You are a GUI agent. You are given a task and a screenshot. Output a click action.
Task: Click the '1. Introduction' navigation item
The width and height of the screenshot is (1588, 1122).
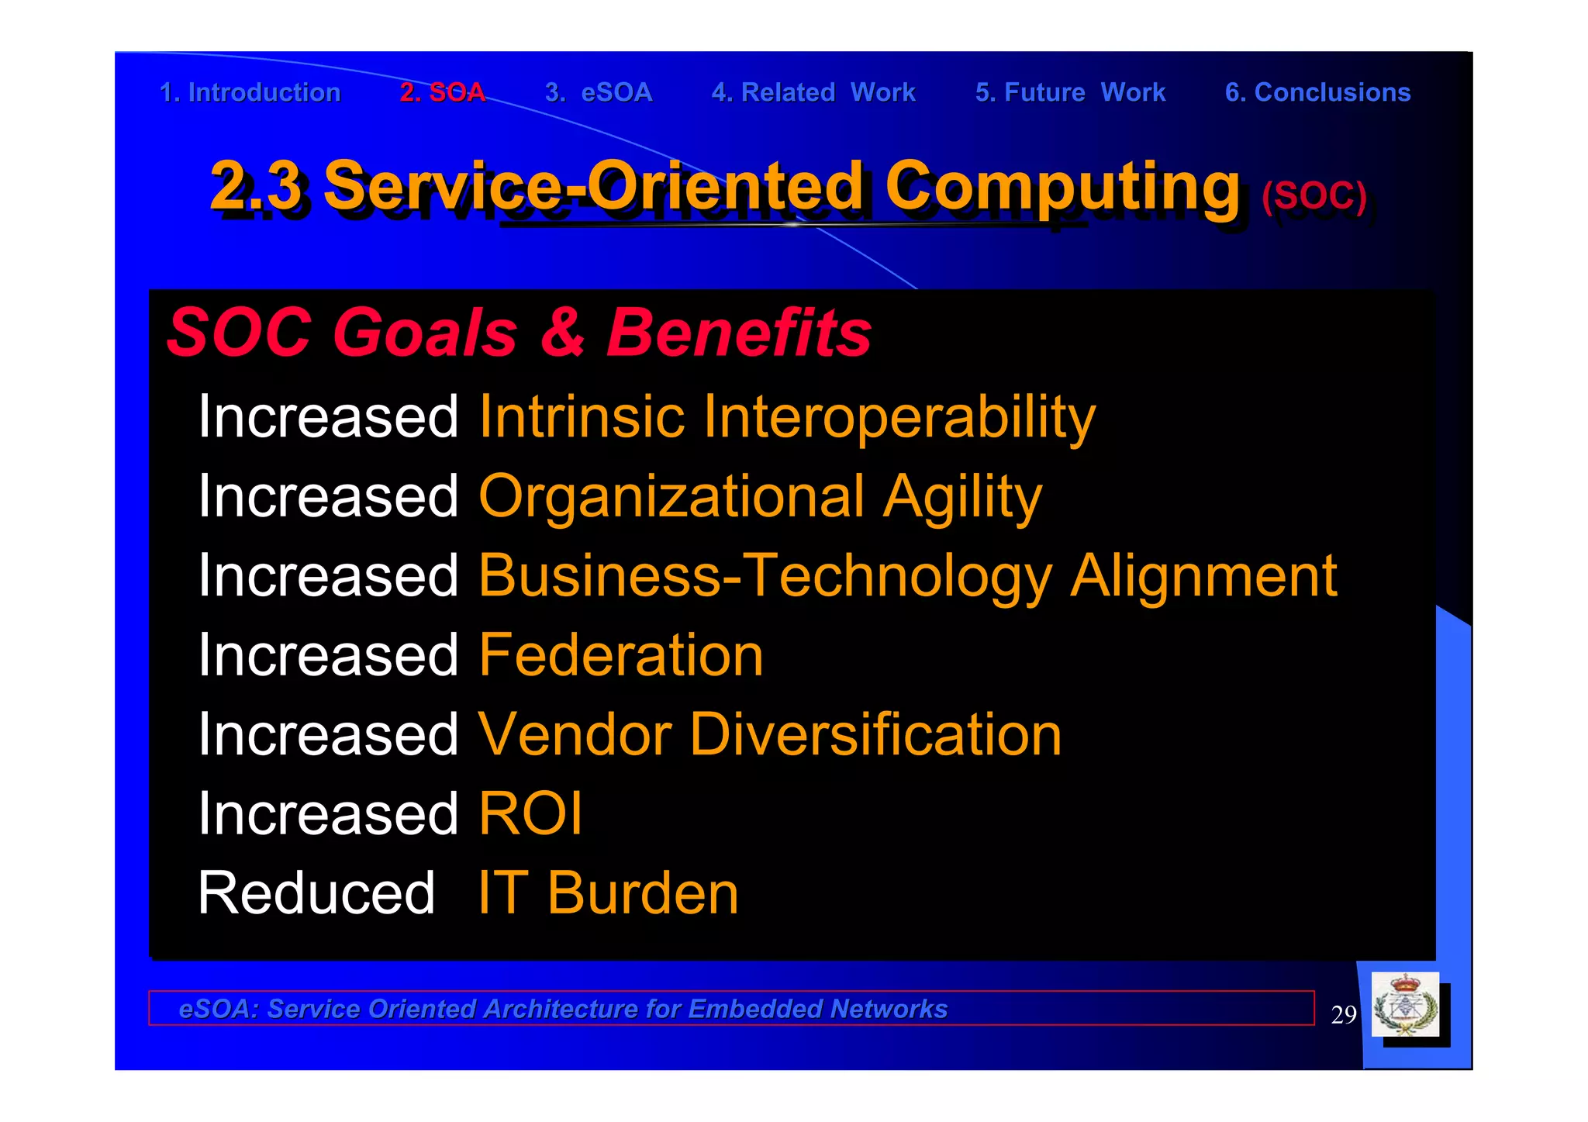point(250,92)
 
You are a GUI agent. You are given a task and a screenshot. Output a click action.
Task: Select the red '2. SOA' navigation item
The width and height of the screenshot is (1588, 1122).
point(442,92)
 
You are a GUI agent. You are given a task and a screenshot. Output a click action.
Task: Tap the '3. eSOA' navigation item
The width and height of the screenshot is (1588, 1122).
point(598,92)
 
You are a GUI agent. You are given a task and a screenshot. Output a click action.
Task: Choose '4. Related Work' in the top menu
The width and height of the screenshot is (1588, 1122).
point(813,92)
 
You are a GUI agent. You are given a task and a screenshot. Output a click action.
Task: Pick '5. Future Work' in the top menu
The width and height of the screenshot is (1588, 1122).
point(1070,92)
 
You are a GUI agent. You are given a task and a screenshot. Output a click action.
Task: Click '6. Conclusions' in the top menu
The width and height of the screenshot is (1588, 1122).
point(1317,92)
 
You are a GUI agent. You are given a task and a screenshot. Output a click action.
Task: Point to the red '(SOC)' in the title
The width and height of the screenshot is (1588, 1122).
point(1314,195)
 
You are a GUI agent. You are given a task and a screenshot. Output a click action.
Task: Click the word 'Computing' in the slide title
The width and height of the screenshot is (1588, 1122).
point(1062,186)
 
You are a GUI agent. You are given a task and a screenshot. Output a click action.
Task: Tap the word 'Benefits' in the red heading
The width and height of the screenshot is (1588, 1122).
point(738,333)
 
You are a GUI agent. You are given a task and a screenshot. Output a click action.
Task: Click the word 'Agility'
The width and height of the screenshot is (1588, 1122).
point(962,498)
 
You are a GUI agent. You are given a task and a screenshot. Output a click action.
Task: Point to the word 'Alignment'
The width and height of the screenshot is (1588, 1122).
point(1203,576)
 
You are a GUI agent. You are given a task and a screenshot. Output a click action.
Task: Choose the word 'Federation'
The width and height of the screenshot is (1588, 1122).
point(621,655)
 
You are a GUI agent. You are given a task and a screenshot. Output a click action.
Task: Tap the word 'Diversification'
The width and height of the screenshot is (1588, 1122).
point(875,734)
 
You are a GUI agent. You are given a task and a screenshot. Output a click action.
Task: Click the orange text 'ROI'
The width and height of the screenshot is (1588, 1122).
point(530,814)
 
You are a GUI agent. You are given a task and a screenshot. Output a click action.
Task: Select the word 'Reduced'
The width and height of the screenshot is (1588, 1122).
point(316,893)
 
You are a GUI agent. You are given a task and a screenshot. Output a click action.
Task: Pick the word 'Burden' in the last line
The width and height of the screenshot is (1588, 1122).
point(643,893)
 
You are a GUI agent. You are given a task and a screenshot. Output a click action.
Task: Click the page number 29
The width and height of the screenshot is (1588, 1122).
point(1343,1014)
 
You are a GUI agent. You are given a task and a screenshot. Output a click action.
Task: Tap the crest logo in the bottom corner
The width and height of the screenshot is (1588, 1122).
point(1405,1006)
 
